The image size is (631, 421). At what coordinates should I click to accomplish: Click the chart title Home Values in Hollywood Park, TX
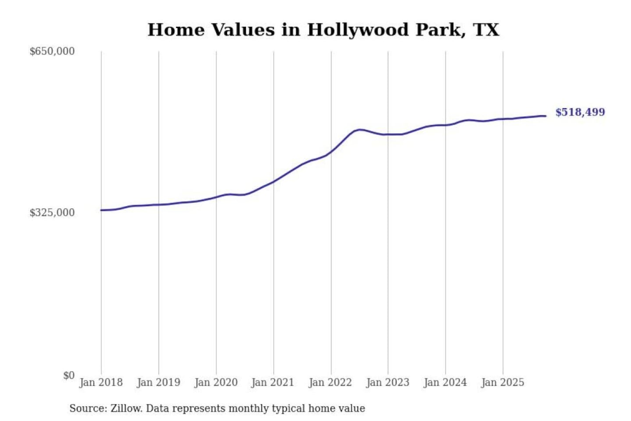tap(323, 30)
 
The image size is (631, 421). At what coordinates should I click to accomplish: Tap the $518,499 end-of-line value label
tap(580, 112)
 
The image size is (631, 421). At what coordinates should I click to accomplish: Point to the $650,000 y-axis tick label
tap(52, 51)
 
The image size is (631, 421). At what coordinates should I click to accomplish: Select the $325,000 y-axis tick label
tap(52, 213)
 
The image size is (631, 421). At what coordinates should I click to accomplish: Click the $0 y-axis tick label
tap(69, 375)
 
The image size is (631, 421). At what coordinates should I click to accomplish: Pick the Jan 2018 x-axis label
tap(101, 382)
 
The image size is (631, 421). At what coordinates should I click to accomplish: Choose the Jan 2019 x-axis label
tap(158, 382)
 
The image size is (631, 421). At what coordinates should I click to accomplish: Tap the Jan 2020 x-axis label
tap(216, 382)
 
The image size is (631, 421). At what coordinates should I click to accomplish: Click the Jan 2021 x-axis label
tap(273, 382)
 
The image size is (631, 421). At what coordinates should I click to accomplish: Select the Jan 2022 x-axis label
tap(330, 382)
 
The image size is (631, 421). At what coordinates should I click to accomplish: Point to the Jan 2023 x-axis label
tap(387, 382)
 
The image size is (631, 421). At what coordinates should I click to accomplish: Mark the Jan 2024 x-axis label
tap(445, 382)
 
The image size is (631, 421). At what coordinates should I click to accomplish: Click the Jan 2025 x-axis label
tap(502, 382)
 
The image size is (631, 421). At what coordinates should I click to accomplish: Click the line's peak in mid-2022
tap(359, 129)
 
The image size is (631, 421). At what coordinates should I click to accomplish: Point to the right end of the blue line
tap(546, 116)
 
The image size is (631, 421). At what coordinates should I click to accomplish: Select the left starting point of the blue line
tap(101, 210)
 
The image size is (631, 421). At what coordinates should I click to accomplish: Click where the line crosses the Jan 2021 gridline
tap(273, 181)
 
